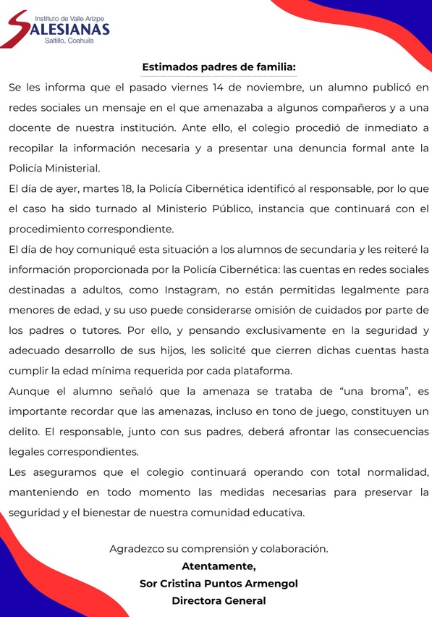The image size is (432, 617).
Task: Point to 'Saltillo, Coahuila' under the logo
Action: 69,41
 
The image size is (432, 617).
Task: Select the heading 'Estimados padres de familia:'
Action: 219,67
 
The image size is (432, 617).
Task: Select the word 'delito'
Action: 25,432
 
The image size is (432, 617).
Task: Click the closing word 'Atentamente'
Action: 218,566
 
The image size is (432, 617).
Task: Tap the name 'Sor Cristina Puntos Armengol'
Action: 219,583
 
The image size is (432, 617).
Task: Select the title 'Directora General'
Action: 219,600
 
